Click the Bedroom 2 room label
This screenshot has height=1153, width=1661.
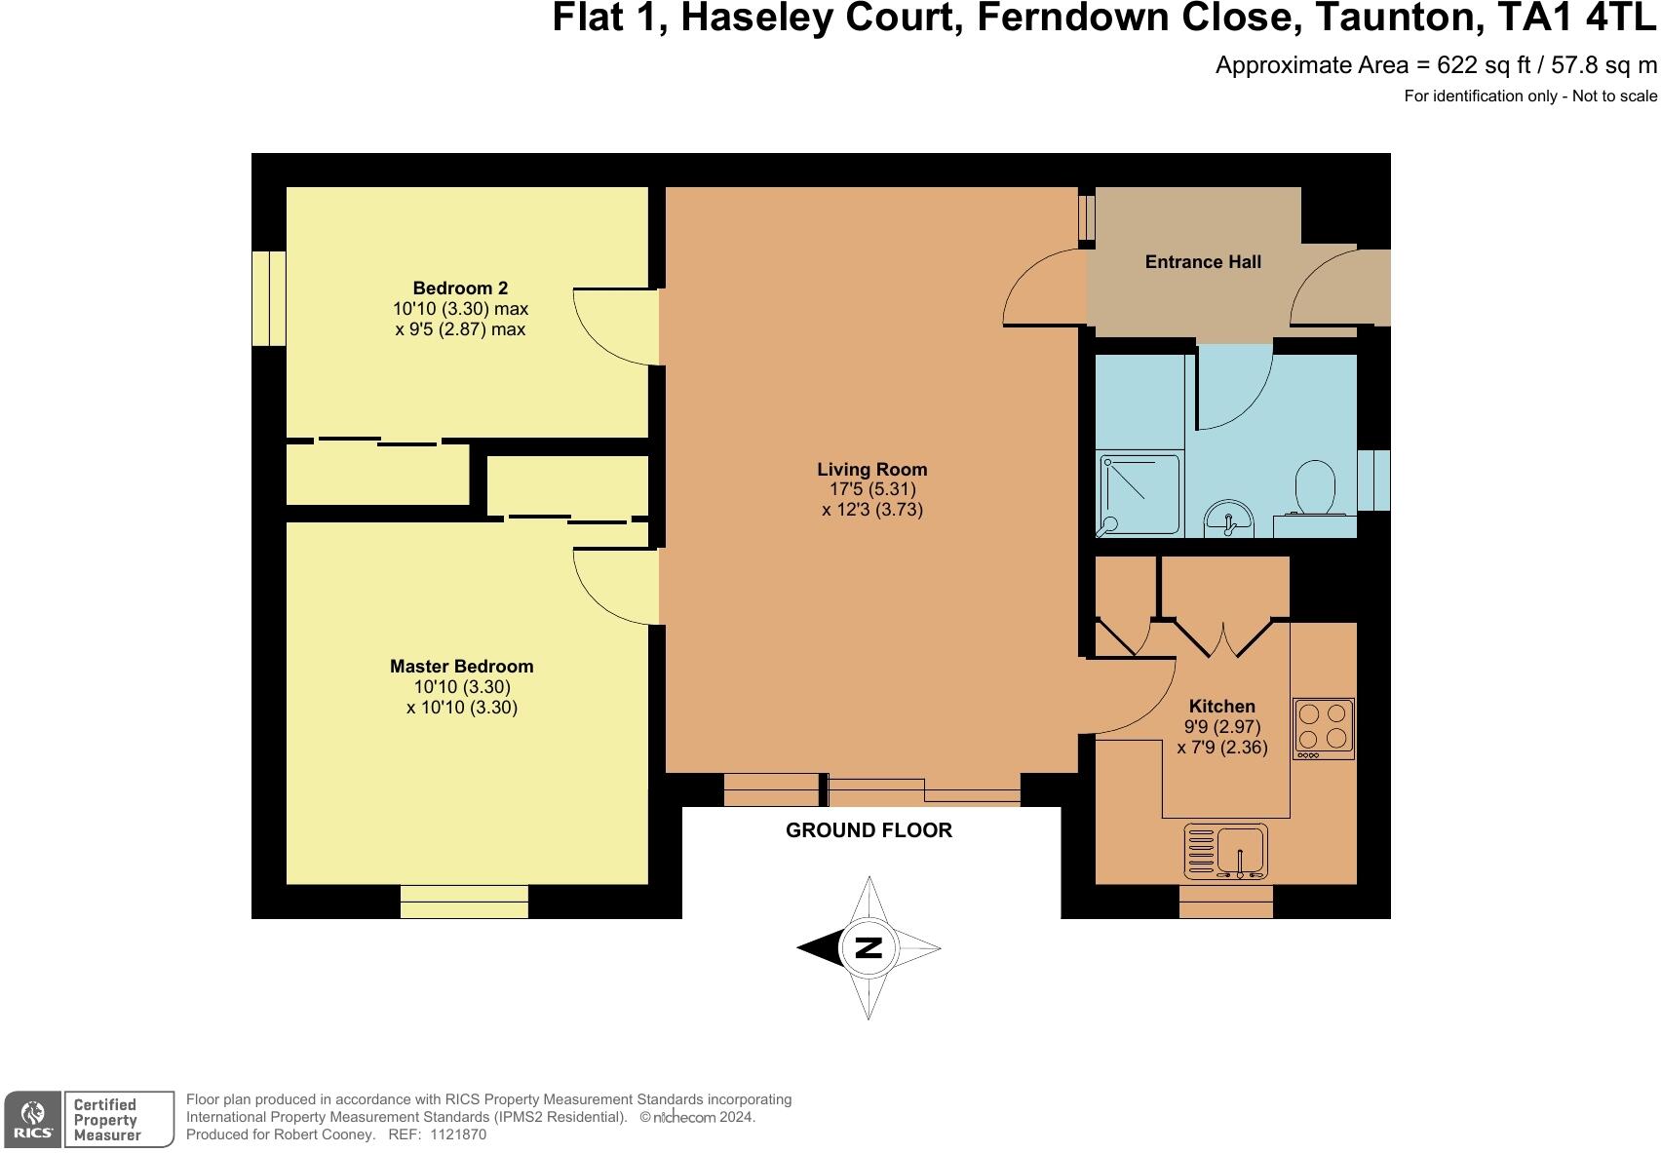tap(460, 288)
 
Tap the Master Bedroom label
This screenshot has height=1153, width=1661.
tap(461, 666)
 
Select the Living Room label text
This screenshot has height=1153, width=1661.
tap(872, 470)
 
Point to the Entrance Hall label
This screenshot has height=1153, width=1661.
tap(1203, 262)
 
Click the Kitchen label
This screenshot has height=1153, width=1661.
tap(1222, 706)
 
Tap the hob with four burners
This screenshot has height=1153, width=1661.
tap(1323, 728)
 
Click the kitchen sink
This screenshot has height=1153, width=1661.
tap(1225, 851)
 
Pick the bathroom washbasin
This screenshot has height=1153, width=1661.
tap(1229, 519)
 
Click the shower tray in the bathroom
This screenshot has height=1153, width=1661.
tap(1139, 494)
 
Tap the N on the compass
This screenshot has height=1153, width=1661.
tap(869, 947)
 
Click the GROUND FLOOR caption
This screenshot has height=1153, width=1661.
tap(869, 829)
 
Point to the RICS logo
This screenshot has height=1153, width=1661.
tap(32, 1120)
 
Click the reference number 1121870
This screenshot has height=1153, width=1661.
tap(458, 1134)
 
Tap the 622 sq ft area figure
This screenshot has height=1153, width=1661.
tap(1483, 65)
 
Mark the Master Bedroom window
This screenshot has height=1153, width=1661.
tap(464, 902)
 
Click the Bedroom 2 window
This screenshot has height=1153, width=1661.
tap(269, 298)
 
